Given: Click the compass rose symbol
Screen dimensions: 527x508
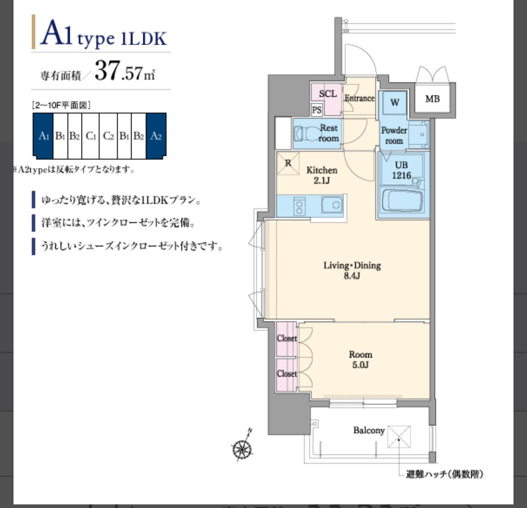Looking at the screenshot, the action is (242, 448).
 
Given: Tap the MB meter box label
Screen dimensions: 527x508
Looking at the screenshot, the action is (432, 99).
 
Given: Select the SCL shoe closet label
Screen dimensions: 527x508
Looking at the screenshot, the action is (328, 94).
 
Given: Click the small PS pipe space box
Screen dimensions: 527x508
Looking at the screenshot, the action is (317, 110).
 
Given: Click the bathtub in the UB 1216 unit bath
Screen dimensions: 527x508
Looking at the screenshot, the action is (402, 200).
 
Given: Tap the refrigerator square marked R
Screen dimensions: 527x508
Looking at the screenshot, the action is (288, 163).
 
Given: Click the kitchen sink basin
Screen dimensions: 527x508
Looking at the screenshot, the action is (332, 205).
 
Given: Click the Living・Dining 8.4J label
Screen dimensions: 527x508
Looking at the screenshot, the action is (352, 271).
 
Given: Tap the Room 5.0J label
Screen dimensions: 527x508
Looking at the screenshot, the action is (360, 359).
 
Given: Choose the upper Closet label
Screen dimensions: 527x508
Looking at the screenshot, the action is (286, 338).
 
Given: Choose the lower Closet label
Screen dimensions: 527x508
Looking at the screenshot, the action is (286, 374).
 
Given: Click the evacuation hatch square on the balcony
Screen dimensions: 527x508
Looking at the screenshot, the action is (399, 436).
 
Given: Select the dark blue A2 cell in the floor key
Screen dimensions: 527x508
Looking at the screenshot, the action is (156, 136).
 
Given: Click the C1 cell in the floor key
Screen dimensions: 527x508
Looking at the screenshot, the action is (91, 136).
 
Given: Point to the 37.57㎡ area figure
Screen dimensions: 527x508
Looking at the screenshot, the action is (125, 71).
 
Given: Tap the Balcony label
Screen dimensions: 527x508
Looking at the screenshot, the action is (369, 431).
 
